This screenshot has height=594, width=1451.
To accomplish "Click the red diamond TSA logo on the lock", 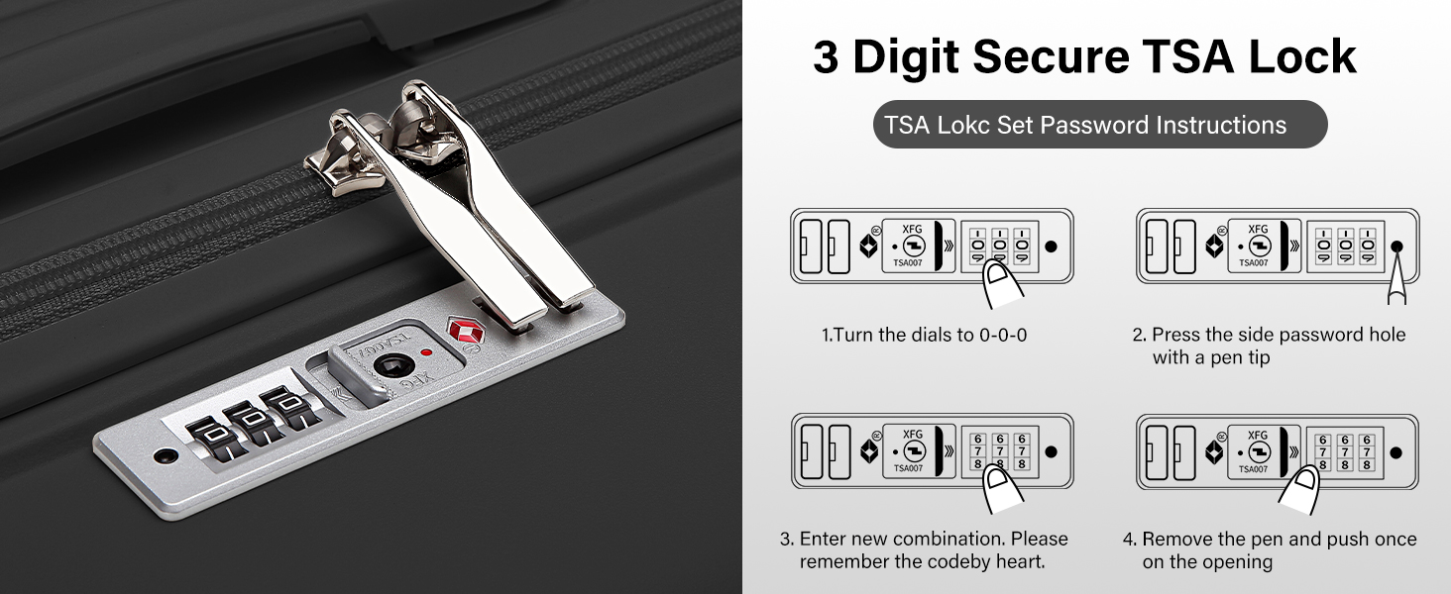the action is [x=467, y=332].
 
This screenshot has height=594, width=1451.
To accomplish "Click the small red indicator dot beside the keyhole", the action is [x=426, y=352].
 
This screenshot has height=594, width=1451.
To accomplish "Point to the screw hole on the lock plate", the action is [x=166, y=456].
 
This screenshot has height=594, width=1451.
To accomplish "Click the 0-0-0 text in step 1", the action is [x=1003, y=335].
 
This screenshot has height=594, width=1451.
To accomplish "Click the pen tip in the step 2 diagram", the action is [x=1397, y=247].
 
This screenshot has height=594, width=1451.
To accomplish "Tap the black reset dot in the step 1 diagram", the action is [x=1052, y=247].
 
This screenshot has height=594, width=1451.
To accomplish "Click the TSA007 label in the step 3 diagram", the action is [x=908, y=468].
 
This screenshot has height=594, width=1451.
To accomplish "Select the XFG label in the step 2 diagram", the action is [x=1258, y=229].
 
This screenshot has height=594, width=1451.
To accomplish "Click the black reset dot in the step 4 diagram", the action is [x=1396, y=453].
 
